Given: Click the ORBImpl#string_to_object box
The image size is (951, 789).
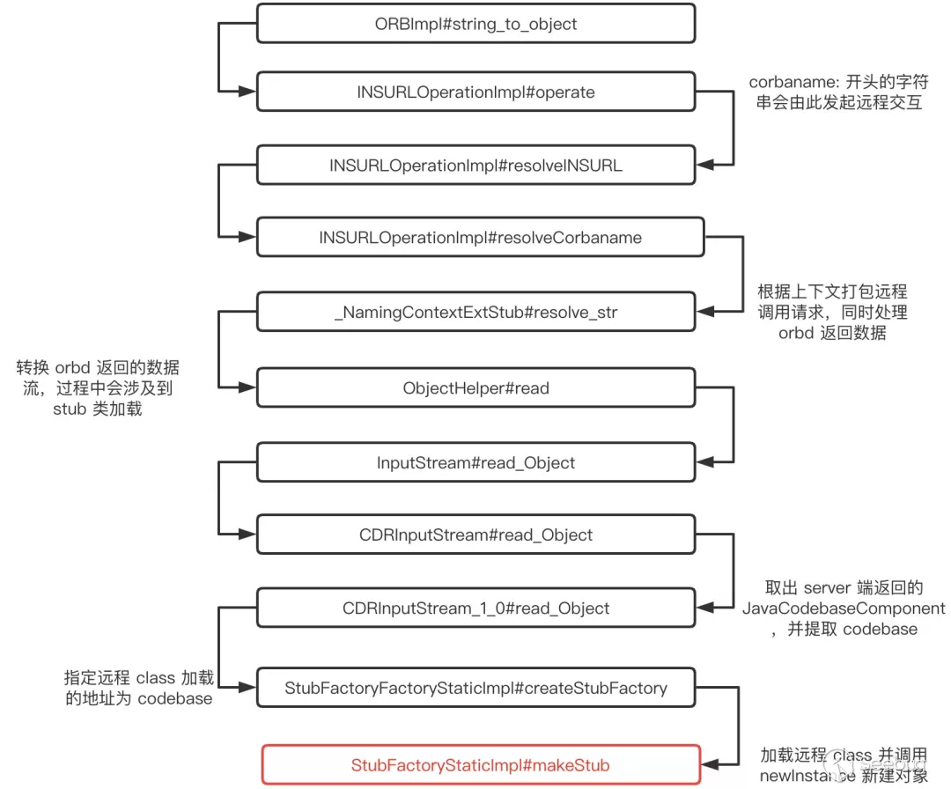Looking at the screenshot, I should (475, 24).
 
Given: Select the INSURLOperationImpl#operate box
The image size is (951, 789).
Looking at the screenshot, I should (475, 92).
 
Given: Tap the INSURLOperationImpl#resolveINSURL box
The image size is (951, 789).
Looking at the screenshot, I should (475, 165).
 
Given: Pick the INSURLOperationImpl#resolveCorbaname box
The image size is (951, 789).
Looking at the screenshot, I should (480, 238).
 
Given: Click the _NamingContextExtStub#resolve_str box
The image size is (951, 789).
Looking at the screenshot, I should (475, 312).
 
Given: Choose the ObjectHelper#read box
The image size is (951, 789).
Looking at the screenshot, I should (475, 388).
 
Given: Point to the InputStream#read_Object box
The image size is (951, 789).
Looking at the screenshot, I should (475, 462).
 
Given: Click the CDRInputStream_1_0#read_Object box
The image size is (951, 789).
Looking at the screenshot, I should (475, 608).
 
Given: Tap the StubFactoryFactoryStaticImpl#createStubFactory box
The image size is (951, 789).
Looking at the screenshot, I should (475, 687).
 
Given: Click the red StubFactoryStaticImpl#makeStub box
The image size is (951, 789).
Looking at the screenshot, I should (480, 764).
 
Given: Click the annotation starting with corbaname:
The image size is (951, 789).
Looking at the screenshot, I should (837, 92).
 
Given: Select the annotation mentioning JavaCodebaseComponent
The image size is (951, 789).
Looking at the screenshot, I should (843, 608).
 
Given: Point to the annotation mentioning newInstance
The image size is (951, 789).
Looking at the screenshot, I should (843, 764).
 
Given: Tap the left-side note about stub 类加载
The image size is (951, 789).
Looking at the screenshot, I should (97, 387).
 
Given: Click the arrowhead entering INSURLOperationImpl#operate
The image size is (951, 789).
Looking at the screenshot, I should (248, 92).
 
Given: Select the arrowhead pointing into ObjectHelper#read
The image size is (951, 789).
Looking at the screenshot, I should (248, 388).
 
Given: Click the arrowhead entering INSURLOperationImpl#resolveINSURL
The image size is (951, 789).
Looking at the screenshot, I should (704, 165).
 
